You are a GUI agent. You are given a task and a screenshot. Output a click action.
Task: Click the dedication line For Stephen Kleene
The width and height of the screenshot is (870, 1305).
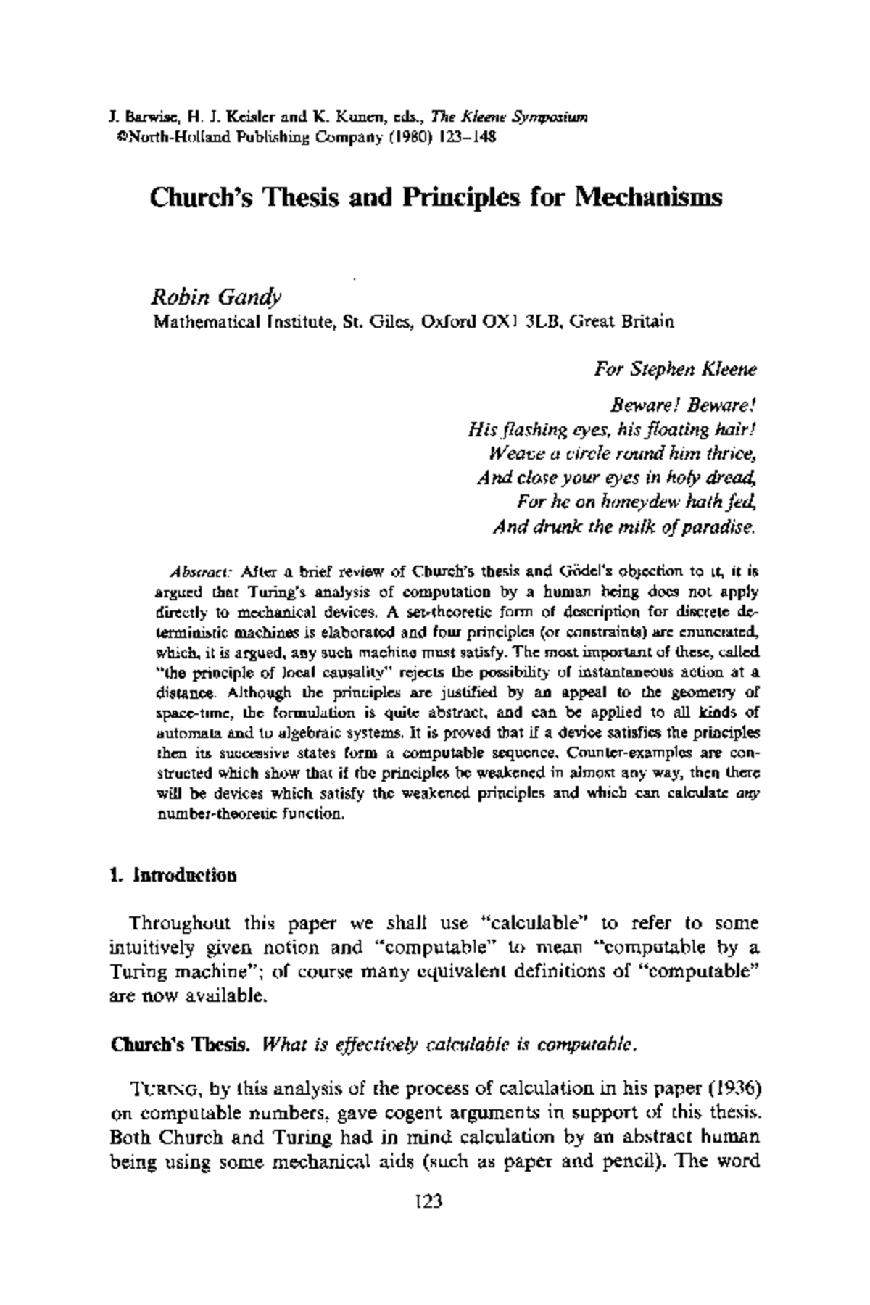[x=676, y=369]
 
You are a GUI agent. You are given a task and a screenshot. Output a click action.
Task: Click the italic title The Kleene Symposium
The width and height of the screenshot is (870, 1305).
[x=509, y=117]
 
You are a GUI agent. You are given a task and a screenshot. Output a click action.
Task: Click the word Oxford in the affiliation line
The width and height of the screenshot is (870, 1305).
[x=447, y=320]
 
